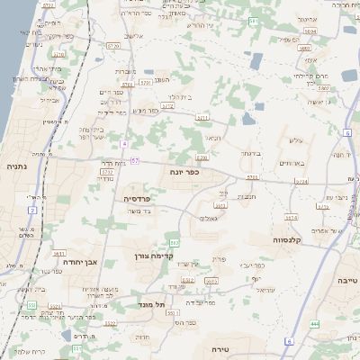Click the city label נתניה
click(x=16, y=166)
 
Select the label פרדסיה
click(x=135, y=197)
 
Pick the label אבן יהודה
click(x=78, y=262)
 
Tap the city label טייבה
click(x=346, y=281)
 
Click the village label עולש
click(x=298, y=139)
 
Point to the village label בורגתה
click(x=250, y=154)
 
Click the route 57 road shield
click(x=135, y=161)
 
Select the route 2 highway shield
click(x=32, y=210)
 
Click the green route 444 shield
click(x=314, y=323)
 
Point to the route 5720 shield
click(x=112, y=44)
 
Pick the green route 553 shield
click(x=31, y=305)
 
